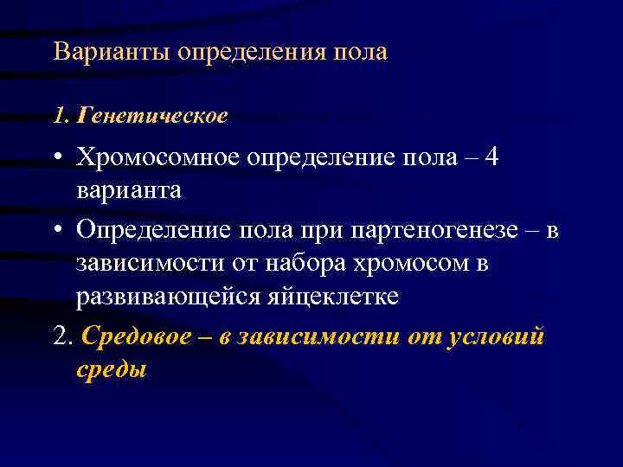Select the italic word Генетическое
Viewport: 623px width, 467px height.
pos(152,114)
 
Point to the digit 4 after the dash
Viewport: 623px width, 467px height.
pos(492,157)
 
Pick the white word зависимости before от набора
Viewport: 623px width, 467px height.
pos(145,262)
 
